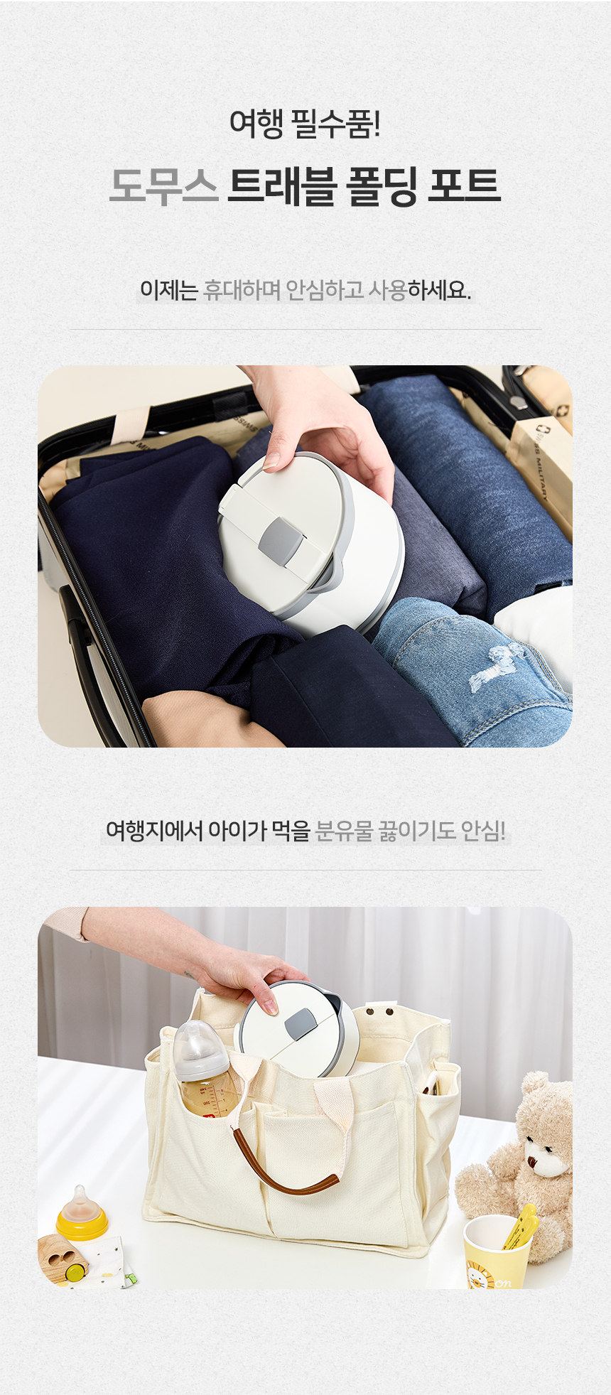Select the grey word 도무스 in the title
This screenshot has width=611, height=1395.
pyautogui.click(x=163, y=185)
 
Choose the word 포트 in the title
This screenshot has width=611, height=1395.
pyautogui.click(x=464, y=185)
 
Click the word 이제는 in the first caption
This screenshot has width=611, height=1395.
pyautogui.click(x=168, y=290)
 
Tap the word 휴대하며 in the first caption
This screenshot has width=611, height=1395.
pyautogui.click(x=242, y=290)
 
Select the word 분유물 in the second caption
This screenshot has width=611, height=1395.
pyautogui.click(x=344, y=830)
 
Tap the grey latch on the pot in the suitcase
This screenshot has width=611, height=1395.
pyautogui.click(x=279, y=537)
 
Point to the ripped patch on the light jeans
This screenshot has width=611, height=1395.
pyautogui.click(x=494, y=666)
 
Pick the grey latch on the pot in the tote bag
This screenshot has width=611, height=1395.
pyautogui.click(x=301, y=1021)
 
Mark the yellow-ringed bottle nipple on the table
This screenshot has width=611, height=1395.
pyautogui.click(x=81, y=1212)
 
